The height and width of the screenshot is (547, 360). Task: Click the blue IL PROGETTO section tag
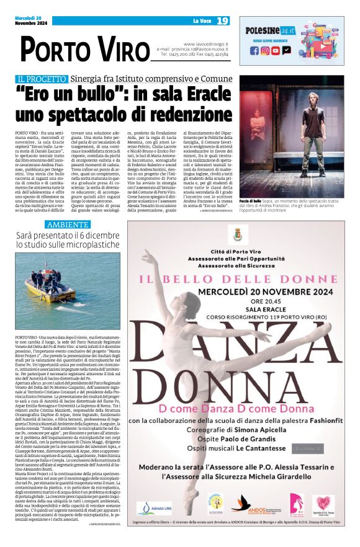pos(42,79)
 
